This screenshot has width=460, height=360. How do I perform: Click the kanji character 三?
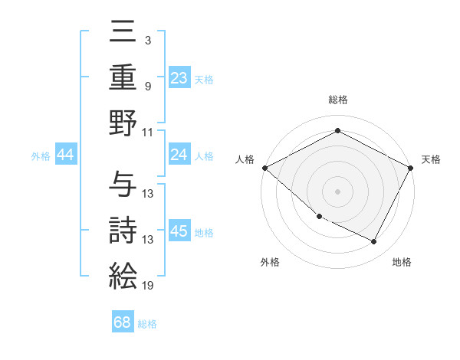[x=123, y=34]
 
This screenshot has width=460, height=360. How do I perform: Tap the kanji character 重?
[x=123, y=77]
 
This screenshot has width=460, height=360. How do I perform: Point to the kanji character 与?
[x=123, y=185]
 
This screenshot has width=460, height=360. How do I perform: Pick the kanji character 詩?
[x=123, y=231]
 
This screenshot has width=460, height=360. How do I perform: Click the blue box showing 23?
[x=179, y=77]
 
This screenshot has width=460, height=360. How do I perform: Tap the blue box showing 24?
[x=179, y=155]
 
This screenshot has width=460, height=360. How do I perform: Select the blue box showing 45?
[x=179, y=231]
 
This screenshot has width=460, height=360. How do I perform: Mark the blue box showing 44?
[x=65, y=155]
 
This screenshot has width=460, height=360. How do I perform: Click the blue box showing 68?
[x=123, y=322]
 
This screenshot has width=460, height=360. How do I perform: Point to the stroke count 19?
[x=149, y=286]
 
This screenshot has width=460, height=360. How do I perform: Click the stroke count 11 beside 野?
[x=148, y=132]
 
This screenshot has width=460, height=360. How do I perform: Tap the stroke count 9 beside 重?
[x=147, y=87]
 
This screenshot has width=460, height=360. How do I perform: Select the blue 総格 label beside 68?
[x=147, y=324]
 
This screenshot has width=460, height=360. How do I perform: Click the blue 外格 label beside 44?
[x=40, y=156]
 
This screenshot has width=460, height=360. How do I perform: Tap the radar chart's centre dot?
[x=337, y=191]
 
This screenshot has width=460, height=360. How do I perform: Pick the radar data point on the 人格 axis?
[x=264, y=168]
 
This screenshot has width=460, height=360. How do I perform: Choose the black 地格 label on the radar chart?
[x=402, y=262]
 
